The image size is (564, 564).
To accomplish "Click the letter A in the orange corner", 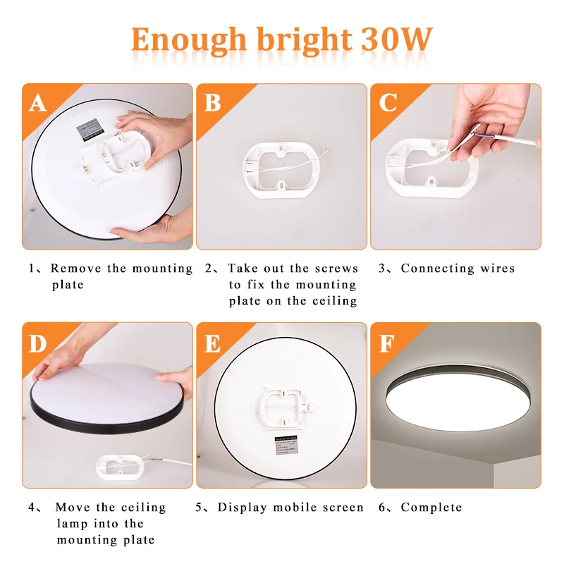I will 37,103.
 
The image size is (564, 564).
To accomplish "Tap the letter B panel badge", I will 212,103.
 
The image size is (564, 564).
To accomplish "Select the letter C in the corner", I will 388,103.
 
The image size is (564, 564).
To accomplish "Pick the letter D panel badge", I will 37,343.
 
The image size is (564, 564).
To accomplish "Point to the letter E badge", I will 212,343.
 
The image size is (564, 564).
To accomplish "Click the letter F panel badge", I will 388,343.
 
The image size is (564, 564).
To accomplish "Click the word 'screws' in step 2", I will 336,269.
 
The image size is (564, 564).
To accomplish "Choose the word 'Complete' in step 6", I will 431,508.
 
